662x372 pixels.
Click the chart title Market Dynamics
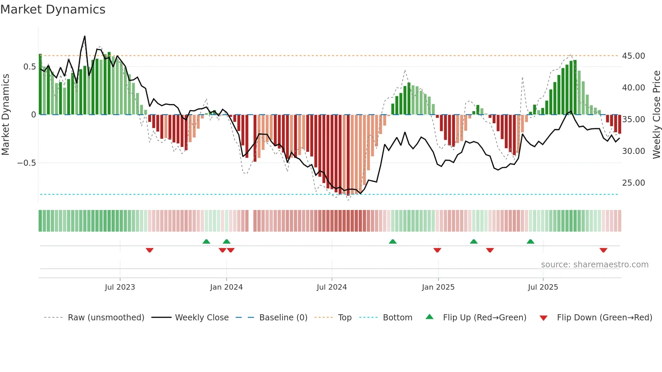[x=53, y=9]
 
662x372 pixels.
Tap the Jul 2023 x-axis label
[x=120, y=287]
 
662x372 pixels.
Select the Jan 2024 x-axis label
[x=226, y=287]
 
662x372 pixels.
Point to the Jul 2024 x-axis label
[x=332, y=287]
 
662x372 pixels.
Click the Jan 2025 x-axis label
[x=438, y=287]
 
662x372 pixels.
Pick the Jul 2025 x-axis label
[x=543, y=287]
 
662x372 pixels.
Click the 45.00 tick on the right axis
[x=633, y=56]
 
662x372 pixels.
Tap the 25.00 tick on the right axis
[x=633, y=183]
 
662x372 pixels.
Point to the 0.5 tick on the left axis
[x=29, y=67]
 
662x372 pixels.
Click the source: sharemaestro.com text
[x=594, y=265]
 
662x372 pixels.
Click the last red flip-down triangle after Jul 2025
[x=603, y=250]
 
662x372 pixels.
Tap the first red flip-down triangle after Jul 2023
[x=150, y=250]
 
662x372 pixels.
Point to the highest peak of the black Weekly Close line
[x=85, y=36]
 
